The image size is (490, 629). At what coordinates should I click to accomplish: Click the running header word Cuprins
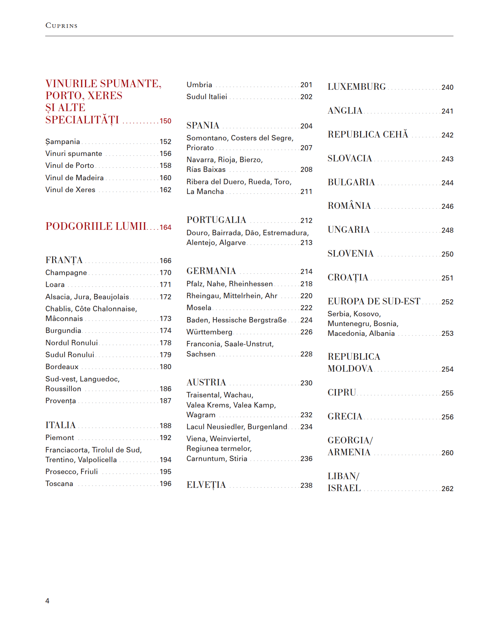[62, 26]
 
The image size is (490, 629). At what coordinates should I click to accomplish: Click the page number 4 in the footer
[47, 601]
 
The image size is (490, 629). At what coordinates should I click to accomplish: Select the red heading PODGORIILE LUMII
[96, 226]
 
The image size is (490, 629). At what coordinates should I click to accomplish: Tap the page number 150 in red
[165, 121]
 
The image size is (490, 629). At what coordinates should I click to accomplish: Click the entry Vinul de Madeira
[75, 178]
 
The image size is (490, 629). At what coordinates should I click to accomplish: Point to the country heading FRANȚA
[64, 260]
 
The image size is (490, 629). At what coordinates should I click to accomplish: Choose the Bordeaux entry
[62, 367]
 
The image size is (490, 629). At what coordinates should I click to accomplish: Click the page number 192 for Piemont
[165, 438]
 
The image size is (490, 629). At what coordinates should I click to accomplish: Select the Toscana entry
[59, 484]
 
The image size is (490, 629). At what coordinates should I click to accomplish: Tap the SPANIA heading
[203, 126]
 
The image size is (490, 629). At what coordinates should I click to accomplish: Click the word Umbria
[199, 85]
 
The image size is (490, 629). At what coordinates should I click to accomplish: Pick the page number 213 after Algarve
[306, 242]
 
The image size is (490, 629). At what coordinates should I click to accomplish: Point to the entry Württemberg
[210, 332]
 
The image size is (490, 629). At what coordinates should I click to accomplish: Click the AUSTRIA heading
[206, 383]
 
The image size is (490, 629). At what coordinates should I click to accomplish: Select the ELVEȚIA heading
[206, 485]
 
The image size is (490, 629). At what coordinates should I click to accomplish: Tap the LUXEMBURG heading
[357, 87]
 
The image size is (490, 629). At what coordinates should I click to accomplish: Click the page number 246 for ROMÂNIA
[447, 206]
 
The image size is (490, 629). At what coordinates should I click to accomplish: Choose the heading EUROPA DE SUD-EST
[374, 301]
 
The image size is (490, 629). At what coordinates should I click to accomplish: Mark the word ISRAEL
[344, 488]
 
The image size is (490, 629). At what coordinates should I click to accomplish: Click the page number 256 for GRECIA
[447, 417]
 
